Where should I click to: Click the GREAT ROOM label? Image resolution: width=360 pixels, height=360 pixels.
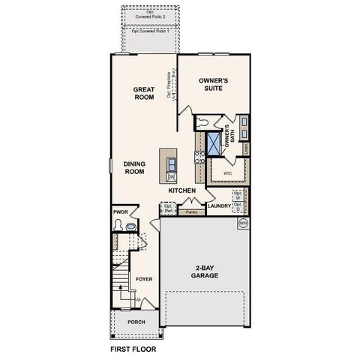pyautogui.click(x=144, y=94)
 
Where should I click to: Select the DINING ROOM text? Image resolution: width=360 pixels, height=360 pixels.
pyautogui.click(x=133, y=166)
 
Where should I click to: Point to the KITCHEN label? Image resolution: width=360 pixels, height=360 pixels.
pyautogui.click(x=182, y=190)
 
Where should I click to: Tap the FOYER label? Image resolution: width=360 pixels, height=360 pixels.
pyautogui.click(x=143, y=279)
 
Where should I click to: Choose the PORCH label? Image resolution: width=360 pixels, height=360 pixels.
pyautogui.click(x=136, y=322)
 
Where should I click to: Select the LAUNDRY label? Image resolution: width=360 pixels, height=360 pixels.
pyautogui.click(x=218, y=205)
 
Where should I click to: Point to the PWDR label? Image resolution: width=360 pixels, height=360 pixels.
pyautogui.click(x=121, y=212)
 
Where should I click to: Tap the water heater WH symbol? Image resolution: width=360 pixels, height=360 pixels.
pyautogui.click(x=242, y=223)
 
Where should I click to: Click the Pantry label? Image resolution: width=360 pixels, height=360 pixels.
pyautogui.click(x=191, y=212)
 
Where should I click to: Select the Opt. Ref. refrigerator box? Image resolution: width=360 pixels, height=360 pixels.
pyautogui.click(x=169, y=208)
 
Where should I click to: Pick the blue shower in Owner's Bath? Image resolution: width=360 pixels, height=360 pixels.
pyautogui.click(x=214, y=142)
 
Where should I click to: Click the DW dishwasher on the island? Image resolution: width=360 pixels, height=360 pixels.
pyautogui.click(x=171, y=176)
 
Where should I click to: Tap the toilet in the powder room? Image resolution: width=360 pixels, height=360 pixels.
pyautogui.click(x=131, y=224)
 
